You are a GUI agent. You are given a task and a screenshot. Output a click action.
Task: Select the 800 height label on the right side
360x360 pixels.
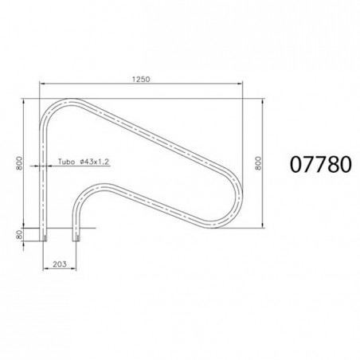[256, 163]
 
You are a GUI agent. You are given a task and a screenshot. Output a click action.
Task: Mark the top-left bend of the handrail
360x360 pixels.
[56, 107]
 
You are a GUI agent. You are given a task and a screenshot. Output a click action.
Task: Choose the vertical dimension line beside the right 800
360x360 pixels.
[265, 163]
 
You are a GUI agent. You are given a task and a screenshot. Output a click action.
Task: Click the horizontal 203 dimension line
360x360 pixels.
[62, 268]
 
